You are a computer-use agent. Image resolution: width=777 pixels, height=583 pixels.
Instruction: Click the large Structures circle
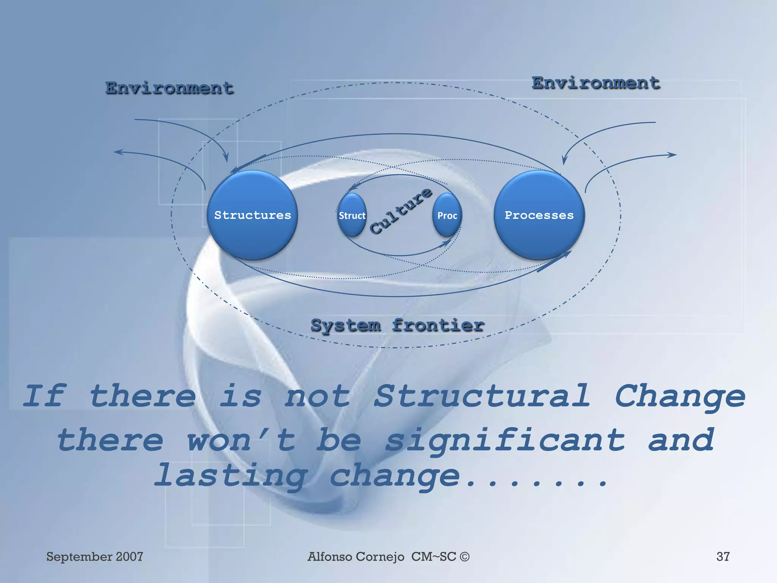point(252,215)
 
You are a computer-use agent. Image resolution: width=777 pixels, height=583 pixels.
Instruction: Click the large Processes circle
point(539,215)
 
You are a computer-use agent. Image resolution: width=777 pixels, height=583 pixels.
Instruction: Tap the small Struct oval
point(352,216)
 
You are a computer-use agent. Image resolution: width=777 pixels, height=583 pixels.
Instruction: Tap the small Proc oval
point(447,216)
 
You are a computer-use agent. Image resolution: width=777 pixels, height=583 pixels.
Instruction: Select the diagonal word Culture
point(401,211)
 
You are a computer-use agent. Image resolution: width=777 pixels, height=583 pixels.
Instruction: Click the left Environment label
point(169,88)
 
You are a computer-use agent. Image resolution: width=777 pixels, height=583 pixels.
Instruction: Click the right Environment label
point(596,84)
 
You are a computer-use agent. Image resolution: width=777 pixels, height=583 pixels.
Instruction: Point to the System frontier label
point(397,326)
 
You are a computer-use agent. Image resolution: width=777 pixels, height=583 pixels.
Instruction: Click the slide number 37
point(723,556)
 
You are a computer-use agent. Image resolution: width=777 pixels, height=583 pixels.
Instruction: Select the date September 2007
point(94,556)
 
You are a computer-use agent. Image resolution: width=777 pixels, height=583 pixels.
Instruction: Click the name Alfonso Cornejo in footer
point(356,556)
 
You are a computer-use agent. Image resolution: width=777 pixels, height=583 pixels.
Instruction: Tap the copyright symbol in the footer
point(464,557)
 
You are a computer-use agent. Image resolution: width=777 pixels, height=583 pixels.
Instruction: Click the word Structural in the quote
point(482,396)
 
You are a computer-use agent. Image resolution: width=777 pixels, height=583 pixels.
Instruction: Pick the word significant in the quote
point(505,440)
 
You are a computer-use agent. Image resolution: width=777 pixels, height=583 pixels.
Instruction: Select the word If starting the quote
point(45,396)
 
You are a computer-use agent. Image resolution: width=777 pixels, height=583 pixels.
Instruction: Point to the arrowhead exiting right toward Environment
point(673,154)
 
